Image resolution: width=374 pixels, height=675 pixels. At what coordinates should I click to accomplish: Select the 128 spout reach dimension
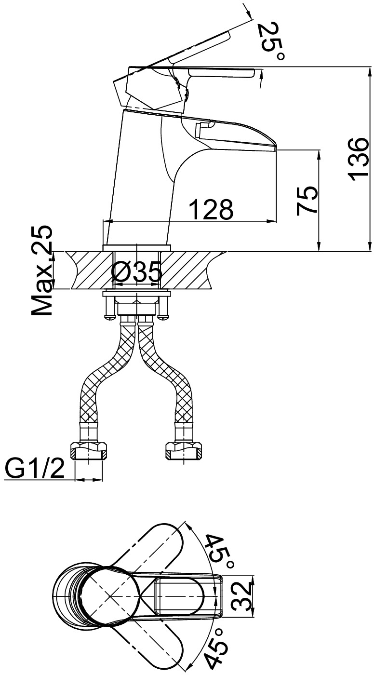[212, 209]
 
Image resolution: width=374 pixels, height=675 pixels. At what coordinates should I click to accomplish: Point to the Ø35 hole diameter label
[136, 272]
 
